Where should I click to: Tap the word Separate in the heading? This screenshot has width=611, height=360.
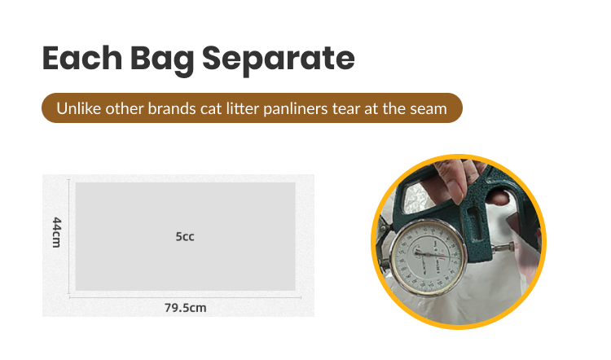(x=281, y=59)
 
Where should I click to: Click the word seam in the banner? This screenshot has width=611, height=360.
(x=429, y=108)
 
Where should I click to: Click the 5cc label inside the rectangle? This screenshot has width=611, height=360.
(x=185, y=237)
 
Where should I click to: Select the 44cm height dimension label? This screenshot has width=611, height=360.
(x=56, y=233)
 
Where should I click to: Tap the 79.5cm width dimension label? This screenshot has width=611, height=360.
(x=185, y=308)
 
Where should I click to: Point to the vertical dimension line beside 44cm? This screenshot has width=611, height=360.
(x=68, y=236)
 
